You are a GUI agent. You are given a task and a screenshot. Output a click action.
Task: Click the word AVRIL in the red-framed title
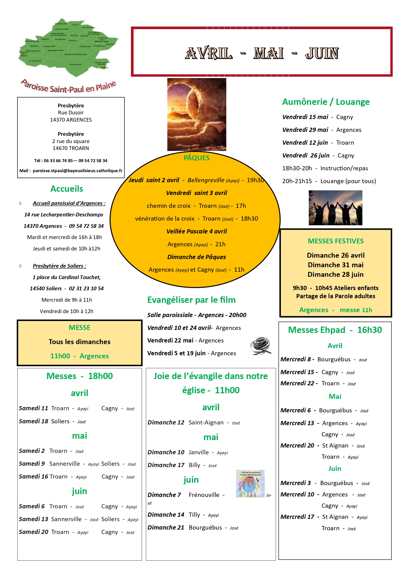click(209, 53)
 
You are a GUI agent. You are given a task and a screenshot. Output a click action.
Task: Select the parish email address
click(78, 171)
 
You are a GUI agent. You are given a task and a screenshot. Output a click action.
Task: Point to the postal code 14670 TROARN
click(71, 148)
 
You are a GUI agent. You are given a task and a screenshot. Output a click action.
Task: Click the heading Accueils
click(67, 189)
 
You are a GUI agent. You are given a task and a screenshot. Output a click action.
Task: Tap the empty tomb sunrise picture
click(197, 114)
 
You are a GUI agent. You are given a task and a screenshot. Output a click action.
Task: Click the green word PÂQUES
click(196, 158)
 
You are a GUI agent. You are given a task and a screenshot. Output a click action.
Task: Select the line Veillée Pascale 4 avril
click(196, 231)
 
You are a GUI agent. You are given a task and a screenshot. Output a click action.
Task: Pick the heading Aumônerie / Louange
click(326, 102)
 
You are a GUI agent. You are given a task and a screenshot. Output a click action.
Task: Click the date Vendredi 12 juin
click(305, 143)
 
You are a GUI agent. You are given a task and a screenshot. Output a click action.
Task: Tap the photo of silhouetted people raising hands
click(335, 208)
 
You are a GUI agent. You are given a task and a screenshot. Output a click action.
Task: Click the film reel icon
click(260, 345)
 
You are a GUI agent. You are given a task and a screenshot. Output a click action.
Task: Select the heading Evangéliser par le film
click(191, 300)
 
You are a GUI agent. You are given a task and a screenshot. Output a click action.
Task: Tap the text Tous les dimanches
click(79, 342)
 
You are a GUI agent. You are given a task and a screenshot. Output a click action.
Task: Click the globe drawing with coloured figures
click(250, 484)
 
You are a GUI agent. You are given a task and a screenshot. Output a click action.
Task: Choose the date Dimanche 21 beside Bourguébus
click(166, 527)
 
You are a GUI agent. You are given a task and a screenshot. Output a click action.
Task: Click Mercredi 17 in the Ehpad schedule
click(297, 517)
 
